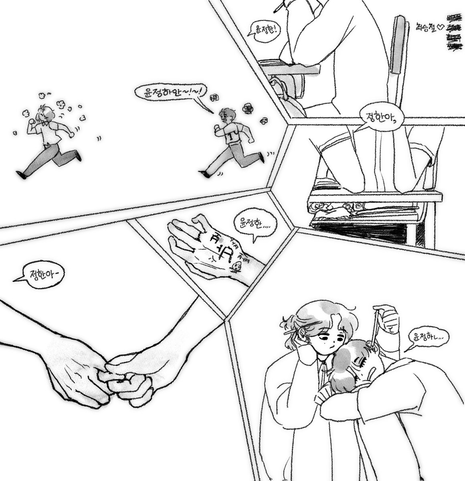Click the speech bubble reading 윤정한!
click(263, 29)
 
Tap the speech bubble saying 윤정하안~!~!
click(170, 93)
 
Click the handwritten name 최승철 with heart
click(429, 28)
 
